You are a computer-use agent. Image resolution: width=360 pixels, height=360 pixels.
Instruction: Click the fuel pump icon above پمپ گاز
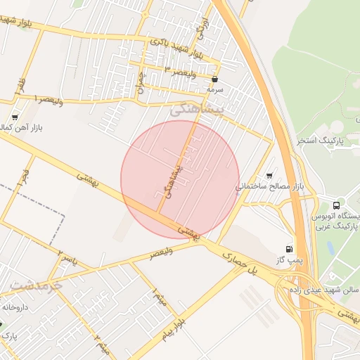pyautogui.click(x=289, y=249)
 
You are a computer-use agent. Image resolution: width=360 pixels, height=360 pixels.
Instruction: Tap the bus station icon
pyautogui.click(x=337, y=205)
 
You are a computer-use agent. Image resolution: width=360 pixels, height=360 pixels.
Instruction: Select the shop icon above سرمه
pyautogui.click(x=214, y=79)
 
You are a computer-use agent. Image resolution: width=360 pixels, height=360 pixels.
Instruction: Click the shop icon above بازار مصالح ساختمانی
pyautogui.click(x=269, y=176)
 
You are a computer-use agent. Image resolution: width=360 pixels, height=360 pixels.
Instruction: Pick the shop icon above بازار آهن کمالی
pyautogui.click(x=15, y=117)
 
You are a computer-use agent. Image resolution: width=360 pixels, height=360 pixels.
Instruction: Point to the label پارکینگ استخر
pyautogui.click(x=327, y=141)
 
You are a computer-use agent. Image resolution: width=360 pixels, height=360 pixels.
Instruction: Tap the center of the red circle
pyautogui.click(x=180, y=179)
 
